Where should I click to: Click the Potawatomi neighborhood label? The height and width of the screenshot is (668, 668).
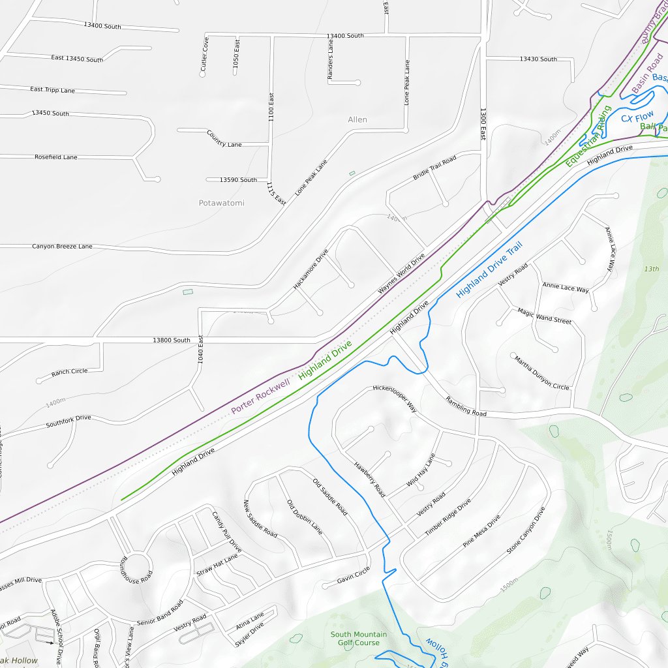click(x=221, y=203)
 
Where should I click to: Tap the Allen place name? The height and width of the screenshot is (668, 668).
click(x=357, y=119)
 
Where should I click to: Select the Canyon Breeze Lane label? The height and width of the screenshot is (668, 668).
click(x=62, y=247)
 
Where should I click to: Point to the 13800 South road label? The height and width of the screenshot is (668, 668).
click(x=171, y=340)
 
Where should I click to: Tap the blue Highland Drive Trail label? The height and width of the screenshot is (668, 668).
click(x=489, y=270)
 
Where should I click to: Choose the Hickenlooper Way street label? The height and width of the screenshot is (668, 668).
click(x=394, y=397)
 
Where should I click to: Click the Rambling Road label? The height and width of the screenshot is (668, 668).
click(x=466, y=406)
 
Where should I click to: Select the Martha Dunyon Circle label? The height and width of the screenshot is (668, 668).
click(x=541, y=373)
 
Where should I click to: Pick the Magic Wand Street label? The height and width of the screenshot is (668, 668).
click(x=544, y=316)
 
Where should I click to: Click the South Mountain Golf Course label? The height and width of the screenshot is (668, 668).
click(x=358, y=638)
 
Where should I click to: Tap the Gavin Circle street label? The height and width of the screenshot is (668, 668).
click(x=353, y=575)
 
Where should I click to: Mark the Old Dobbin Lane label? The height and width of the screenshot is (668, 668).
click(x=304, y=517)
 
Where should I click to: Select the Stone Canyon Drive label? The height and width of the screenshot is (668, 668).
click(x=525, y=530)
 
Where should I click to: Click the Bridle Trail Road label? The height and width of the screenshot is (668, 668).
click(x=434, y=169)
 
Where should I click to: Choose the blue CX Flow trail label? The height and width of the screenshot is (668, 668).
click(x=637, y=117)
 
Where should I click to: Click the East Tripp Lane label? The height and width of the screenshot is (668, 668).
click(x=52, y=89)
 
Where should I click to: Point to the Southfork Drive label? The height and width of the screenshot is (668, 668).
click(x=68, y=421)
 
